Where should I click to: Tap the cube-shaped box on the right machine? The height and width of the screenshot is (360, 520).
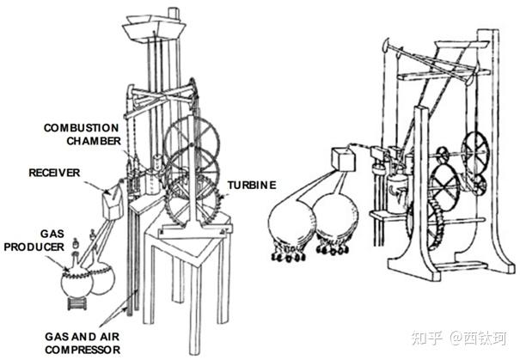tap(343, 159)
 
